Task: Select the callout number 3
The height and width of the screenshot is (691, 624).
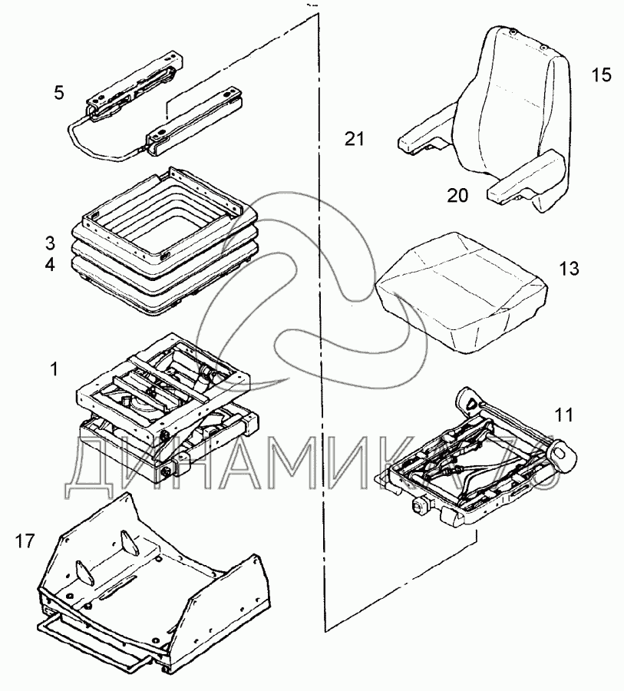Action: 50,244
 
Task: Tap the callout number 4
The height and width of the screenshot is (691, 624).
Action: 50,266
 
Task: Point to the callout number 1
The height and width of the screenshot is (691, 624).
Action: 54,369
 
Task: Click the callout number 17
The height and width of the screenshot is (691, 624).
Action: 25,542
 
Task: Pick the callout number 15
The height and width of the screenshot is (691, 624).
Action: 601,75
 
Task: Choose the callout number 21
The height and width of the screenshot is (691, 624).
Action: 354,139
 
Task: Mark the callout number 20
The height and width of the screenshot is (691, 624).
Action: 457,196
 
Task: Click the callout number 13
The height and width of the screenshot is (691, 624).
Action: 569,269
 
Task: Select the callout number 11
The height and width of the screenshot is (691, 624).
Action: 563,417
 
